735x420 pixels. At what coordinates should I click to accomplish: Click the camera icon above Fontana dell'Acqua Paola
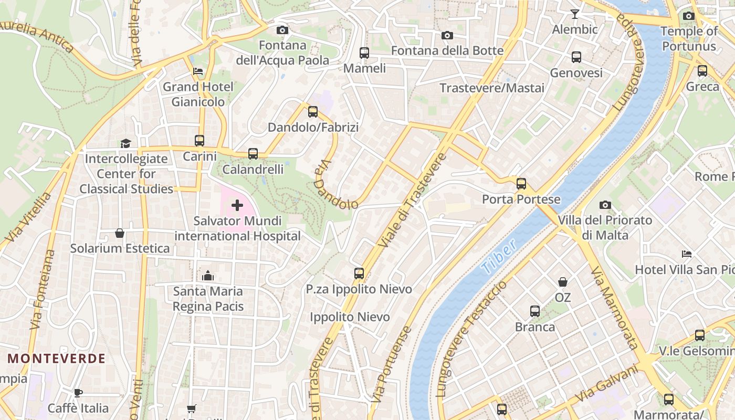[x=282, y=30]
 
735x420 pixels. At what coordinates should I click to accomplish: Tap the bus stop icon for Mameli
[x=364, y=52]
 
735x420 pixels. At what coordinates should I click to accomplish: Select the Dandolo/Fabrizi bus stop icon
[x=313, y=111]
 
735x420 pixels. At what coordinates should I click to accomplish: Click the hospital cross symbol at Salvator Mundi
[x=237, y=205]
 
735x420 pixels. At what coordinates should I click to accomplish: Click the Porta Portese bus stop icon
[x=521, y=184]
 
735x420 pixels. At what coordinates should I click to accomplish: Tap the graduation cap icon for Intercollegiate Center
[x=125, y=143]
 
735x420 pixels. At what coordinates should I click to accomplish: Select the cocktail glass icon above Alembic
[x=575, y=14]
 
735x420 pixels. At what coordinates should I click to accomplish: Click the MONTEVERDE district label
[x=57, y=359]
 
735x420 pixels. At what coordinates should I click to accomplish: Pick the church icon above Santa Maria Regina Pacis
[x=208, y=276]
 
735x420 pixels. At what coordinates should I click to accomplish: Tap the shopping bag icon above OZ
[x=563, y=282]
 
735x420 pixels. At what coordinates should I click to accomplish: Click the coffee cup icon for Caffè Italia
[x=78, y=393]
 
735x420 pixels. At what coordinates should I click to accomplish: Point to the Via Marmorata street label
[x=614, y=308]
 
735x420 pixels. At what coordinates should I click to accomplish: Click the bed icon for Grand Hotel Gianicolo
[x=198, y=71]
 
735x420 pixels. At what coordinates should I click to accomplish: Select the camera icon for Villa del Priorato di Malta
[x=605, y=205]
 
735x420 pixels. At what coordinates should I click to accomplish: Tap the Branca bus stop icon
[x=534, y=311]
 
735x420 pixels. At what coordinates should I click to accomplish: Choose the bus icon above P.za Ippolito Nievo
[x=359, y=273]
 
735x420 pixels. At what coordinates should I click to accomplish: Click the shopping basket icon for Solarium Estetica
[x=120, y=233]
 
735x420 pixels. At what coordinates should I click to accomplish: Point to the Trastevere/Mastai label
[x=492, y=88]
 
